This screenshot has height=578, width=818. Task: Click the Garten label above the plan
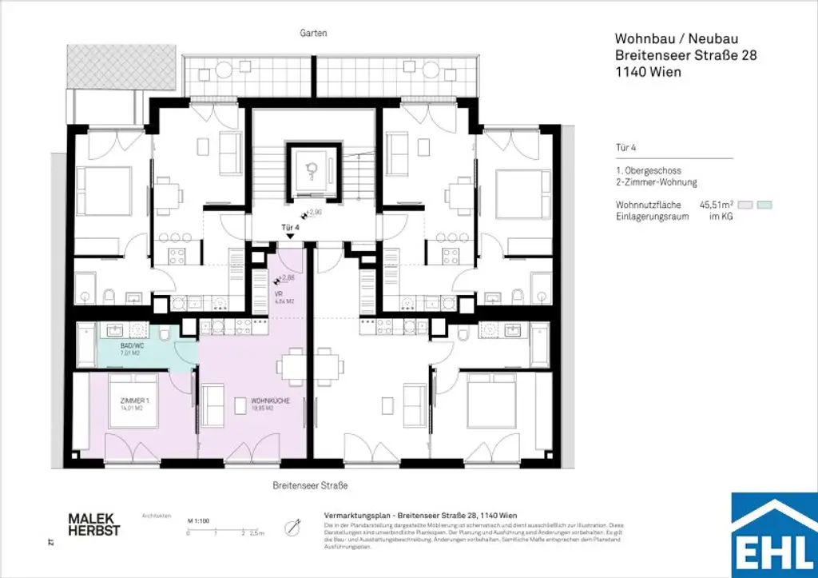315,34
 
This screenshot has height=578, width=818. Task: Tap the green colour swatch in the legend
764,205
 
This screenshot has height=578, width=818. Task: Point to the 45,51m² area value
717,205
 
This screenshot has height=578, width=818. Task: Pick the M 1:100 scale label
198,520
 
